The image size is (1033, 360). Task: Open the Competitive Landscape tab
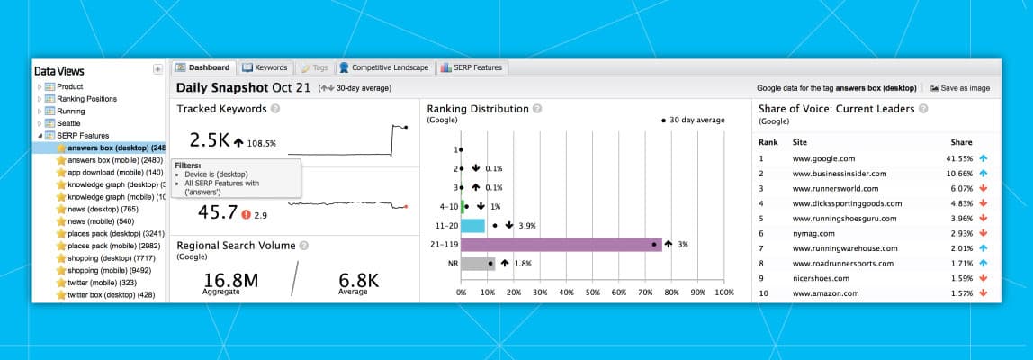pos(385,67)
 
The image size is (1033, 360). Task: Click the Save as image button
pos(959,88)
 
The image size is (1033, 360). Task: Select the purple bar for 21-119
pos(561,245)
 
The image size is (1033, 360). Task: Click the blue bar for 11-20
pos(473,225)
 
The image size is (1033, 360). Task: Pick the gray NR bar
pos(477,264)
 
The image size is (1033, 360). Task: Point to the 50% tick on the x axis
pos(591,292)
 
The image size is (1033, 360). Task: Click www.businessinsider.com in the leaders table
pos(839,174)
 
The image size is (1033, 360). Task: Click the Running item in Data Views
pos(71,112)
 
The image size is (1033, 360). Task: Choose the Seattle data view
pos(68,123)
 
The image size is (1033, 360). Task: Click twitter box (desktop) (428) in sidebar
pos(111,294)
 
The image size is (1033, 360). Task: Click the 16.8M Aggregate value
pos(230,280)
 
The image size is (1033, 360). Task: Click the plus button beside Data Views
pos(157,69)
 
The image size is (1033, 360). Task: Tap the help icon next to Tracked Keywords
pos(275,109)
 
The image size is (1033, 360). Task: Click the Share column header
pos(961,142)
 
